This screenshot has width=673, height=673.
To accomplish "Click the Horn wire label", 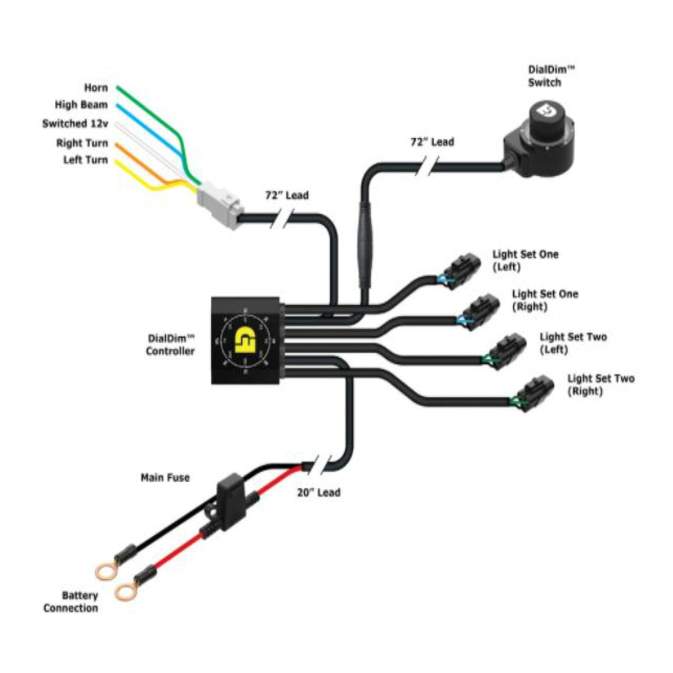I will [x=95, y=88].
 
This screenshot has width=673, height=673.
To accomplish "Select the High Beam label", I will [x=81, y=105].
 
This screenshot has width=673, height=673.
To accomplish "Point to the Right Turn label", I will [x=81, y=143].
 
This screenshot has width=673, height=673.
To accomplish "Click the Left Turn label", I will [x=85, y=160].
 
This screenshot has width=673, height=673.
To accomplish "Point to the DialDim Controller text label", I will [x=171, y=344].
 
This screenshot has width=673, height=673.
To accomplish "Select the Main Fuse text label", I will [x=165, y=477].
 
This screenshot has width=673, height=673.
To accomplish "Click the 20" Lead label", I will [x=319, y=492].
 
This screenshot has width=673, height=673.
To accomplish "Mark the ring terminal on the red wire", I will [x=126, y=592].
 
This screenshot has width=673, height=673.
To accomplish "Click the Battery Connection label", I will [x=71, y=602].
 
